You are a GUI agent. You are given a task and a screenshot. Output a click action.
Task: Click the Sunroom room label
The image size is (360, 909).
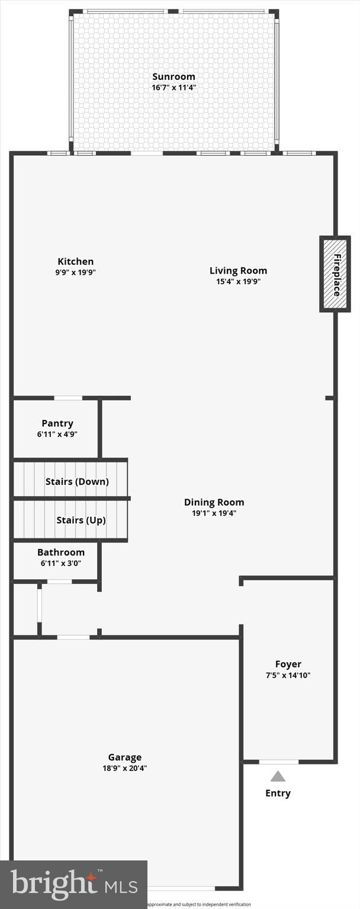coord(173,76)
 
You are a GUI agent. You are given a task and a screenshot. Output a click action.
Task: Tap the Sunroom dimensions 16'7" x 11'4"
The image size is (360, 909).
coord(173,87)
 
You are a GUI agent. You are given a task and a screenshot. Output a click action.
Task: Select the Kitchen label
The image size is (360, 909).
coord(75,261)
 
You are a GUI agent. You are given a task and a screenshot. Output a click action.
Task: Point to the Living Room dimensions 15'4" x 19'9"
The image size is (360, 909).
coord(238,281)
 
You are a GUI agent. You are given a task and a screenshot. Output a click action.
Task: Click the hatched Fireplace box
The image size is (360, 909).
coord(336,274)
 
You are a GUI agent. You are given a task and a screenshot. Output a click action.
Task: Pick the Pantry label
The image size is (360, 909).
coord(57,423)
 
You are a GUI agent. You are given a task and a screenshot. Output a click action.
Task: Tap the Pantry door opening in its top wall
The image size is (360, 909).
coord(68,398)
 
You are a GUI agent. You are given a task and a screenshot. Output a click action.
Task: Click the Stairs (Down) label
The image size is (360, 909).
coord(77,481)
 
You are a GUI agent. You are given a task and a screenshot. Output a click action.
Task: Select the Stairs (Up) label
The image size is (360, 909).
coord(81,520)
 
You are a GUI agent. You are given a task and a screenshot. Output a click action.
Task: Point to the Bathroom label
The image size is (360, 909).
coord(61,552)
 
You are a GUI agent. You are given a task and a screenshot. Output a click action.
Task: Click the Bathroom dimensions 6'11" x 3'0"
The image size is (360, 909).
coord(61,563)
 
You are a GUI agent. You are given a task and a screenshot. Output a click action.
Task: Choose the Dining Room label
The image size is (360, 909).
coord(214,502)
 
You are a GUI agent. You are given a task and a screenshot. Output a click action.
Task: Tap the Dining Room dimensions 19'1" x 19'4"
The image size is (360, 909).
coord(214,513)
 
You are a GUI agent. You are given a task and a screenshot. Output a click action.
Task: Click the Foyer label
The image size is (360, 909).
coord(288,664)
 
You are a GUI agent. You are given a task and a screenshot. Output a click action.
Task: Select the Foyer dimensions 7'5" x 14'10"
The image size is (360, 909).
coord(288,675)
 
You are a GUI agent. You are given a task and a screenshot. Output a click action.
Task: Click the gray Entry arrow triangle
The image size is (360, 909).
coord(278,776)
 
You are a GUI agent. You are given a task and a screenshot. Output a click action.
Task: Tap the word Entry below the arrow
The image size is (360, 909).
coord(278,793)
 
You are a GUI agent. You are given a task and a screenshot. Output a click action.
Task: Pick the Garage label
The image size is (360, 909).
coord(124,757)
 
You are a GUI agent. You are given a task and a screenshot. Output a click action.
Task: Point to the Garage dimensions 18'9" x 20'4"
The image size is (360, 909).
coord(124,768)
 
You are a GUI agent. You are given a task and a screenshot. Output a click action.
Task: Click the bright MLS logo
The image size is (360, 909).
coord(74,885)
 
